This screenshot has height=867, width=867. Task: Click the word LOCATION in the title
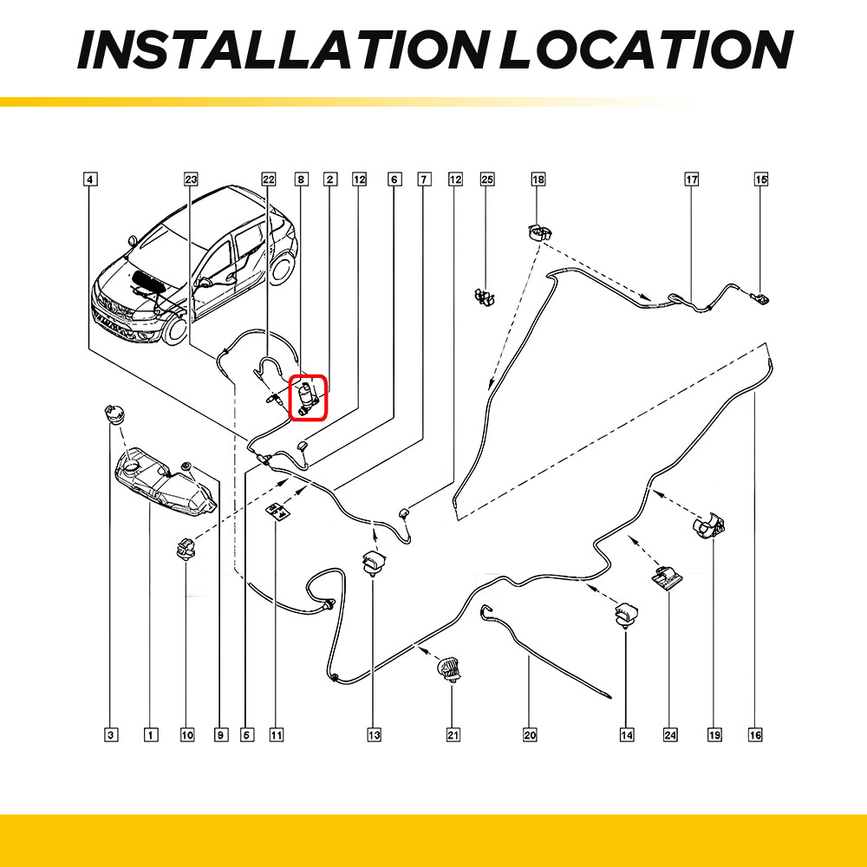(x=647, y=49)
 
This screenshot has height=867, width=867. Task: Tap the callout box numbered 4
(x=90, y=179)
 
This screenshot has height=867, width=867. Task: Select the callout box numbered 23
(x=191, y=179)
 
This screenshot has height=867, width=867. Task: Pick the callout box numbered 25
(x=487, y=179)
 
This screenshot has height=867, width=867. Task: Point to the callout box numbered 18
(x=538, y=179)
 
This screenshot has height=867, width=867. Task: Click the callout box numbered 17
(x=692, y=179)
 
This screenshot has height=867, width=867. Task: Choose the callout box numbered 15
(x=761, y=179)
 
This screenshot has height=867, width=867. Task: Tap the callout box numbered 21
(x=453, y=735)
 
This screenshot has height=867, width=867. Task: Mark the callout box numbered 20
(x=530, y=735)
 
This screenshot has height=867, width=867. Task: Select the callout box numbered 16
(x=755, y=735)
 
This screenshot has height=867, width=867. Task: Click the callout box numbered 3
(x=111, y=735)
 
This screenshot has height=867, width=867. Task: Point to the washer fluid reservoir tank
(x=165, y=485)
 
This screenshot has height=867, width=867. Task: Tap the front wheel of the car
(x=176, y=328)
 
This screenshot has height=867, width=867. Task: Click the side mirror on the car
(x=132, y=241)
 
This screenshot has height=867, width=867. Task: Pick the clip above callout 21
(x=449, y=668)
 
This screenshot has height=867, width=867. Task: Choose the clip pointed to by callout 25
(x=485, y=297)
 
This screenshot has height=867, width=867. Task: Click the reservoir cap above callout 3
(x=114, y=414)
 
